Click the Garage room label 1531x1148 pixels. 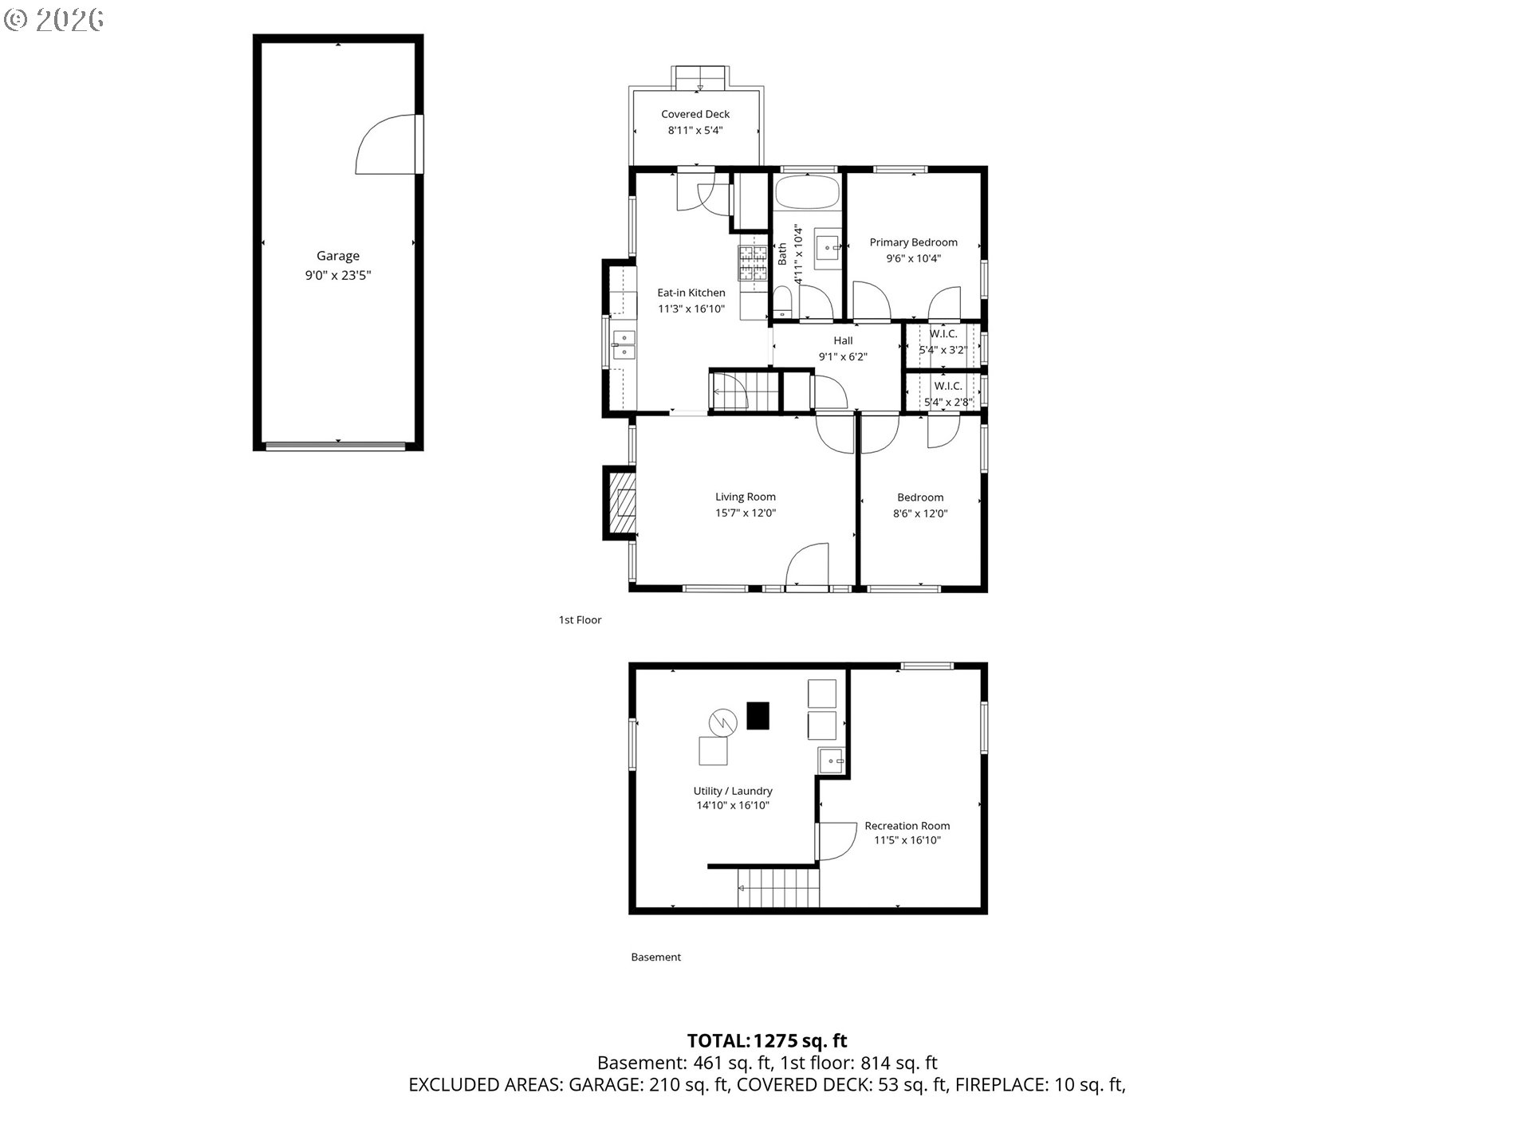coord(338,256)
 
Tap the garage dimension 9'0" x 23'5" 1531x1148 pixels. coord(338,276)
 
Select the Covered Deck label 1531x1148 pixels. coord(695,114)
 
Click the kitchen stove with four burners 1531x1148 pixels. coord(751,264)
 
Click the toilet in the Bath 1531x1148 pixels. coord(781,303)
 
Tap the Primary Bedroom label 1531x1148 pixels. coord(914,242)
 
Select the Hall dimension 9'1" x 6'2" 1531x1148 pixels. coord(843,357)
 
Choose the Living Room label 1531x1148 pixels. coord(746,497)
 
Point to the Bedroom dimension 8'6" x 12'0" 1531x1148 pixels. coord(920,513)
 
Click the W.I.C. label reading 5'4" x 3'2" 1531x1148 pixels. coord(943,349)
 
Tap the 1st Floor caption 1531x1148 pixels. coord(580,619)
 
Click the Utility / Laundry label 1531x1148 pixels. coord(733,791)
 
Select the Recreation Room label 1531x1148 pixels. coord(907,826)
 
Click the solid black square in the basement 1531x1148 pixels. coord(758,715)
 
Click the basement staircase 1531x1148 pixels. coord(779,888)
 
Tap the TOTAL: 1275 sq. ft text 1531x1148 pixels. coord(767,1040)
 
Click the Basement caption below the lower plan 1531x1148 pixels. coord(655,957)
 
